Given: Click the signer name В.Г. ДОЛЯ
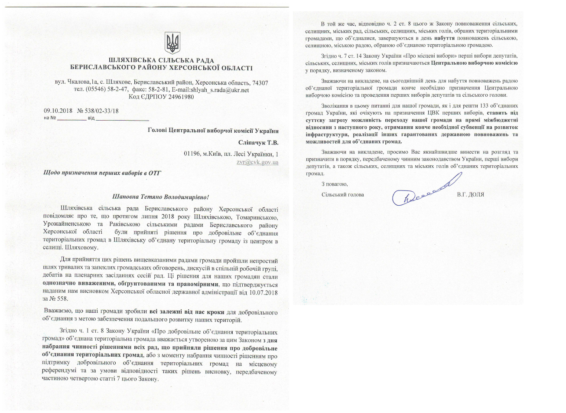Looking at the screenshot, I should coord(471,194).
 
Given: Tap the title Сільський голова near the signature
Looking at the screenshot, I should coord(342,194).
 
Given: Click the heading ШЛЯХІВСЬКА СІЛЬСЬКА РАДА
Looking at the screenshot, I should coord(161,60).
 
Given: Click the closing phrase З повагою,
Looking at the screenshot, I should coord(335,184).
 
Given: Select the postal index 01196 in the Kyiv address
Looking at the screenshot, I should coord(192,154).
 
